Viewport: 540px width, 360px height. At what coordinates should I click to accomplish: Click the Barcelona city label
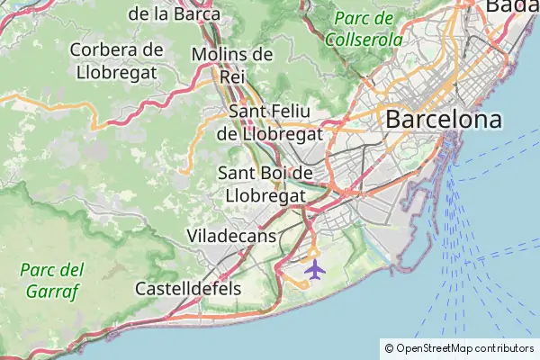(444, 119)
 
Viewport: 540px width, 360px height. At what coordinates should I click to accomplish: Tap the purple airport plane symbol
(315, 268)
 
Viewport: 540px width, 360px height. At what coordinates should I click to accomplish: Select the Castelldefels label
(188, 289)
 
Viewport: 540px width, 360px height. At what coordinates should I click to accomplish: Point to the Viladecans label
(230, 236)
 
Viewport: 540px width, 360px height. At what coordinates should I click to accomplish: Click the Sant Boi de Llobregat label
(265, 183)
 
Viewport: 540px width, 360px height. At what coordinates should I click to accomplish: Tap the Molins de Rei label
(232, 65)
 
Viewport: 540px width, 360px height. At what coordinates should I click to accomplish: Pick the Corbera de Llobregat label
(116, 60)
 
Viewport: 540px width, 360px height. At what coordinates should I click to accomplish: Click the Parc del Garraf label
(51, 280)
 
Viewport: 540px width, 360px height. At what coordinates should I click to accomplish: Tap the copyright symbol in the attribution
(389, 347)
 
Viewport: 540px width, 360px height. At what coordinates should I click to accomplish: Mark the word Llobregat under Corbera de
(116, 71)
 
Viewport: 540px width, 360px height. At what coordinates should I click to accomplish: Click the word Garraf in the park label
(51, 292)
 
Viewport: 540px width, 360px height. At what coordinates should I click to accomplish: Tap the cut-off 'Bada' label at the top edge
(512, 6)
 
